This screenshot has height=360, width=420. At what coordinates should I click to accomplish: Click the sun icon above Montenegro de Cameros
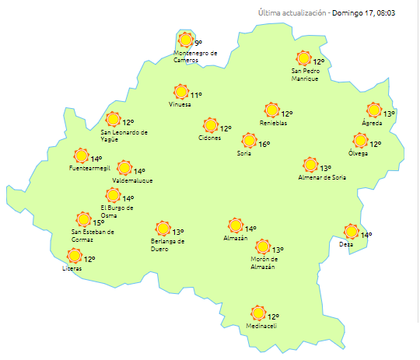pyautogui.click(x=185, y=40)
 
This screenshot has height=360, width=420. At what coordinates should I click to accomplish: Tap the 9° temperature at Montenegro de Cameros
pyautogui.click(x=198, y=43)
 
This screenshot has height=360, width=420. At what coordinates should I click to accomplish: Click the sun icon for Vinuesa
pyautogui.click(x=182, y=93)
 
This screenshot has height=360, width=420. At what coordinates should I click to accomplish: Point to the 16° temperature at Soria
pyautogui.click(x=264, y=144)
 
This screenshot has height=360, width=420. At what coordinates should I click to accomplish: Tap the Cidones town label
pyautogui.click(x=209, y=138)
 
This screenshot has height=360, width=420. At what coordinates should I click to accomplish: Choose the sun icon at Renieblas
pyautogui.click(x=271, y=110)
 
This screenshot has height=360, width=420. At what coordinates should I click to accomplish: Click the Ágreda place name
pyautogui.click(x=372, y=123)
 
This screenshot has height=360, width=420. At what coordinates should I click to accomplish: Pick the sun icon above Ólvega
pyautogui.click(x=360, y=141)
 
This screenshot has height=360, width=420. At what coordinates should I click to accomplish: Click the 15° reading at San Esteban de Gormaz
pyautogui.click(x=99, y=222)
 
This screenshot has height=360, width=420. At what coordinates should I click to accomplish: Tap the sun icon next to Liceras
pyautogui.click(x=75, y=255)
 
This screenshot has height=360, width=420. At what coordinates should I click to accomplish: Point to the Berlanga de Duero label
pyautogui.click(x=168, y=245)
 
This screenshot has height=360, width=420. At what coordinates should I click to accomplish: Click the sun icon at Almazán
pyautogui.click(x=235, y=225)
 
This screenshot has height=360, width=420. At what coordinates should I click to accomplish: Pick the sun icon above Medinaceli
pyautogui.click(x=257, y=313)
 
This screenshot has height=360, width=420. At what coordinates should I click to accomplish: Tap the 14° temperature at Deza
pyautogui.click(x=366, y=235)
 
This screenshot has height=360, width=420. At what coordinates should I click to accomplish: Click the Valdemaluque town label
pyautogui.click(x=132, y=180)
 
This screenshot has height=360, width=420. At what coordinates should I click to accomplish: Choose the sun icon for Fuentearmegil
pyautogui.click(x=81, y=156)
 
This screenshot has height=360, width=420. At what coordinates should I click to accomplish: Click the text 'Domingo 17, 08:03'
pyautogui.click(x=373, y=13)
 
